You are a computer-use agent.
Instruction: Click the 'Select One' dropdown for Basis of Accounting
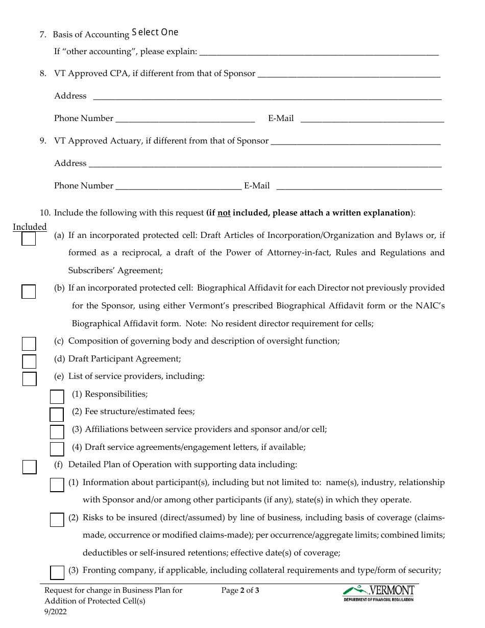click(x=155, y=33)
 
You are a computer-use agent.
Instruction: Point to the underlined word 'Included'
click(x=30, y=227)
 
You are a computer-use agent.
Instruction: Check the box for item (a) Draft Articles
click(x=29, y=239)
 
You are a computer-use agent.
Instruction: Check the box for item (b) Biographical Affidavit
click(x=29, y=292)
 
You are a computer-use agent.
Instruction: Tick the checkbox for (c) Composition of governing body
click(x=29, y=344)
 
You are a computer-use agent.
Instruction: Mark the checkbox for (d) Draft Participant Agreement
click(x=29, y=361)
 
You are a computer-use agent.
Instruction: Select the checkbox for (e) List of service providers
click(x=29, y=379)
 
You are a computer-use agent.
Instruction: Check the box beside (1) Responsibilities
click(x=57, y=397)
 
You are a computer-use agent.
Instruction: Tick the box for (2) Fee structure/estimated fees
click(x=57, y=414)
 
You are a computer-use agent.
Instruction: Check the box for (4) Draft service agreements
click(x=57, y=449)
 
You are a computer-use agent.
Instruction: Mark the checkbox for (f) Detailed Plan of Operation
click(x=29, y=467)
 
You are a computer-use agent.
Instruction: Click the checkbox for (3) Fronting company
click(x=57, y=572)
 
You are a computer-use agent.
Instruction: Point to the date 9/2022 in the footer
click(x=55, y=611)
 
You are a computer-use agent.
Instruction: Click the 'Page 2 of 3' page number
click(x=240, y=591)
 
